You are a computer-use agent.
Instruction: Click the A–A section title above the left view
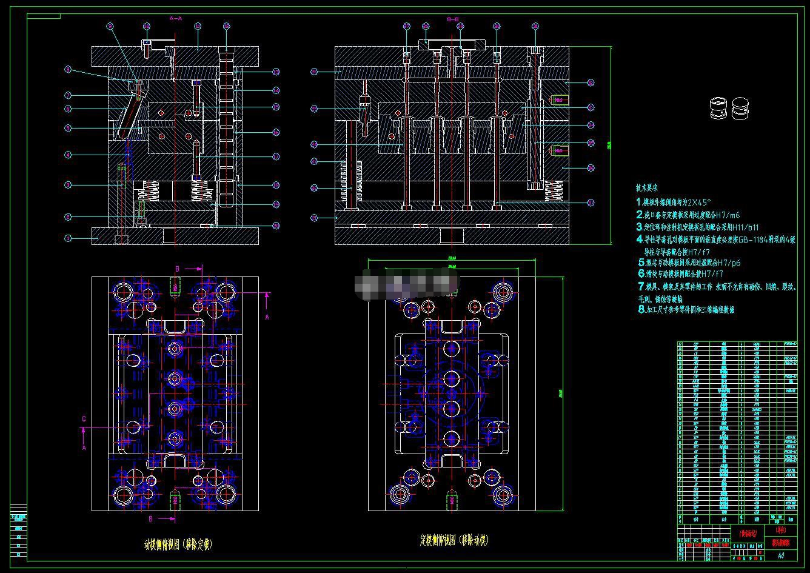[175, 18]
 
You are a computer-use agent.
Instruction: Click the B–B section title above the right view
[453, 19]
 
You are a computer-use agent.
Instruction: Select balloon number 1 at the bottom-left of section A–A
[69, 238]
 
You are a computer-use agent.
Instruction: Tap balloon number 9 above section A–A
[110, 26]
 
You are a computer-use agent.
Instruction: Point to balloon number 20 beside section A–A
[276, 226]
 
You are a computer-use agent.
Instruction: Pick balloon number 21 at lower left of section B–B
[314, 217]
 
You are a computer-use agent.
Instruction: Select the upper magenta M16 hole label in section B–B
[558, 99]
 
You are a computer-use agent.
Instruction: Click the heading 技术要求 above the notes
[648, 188]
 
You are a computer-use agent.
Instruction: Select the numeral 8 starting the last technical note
[641, 309]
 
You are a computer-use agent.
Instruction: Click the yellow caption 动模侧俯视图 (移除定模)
[178, 545]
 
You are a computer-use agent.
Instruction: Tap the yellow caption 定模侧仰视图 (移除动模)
[454, 539]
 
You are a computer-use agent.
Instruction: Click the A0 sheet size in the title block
[781, 555]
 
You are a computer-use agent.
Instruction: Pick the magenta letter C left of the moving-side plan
[84, 418]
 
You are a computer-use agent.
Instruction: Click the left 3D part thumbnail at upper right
[718, 109]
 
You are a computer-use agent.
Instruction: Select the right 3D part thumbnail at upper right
[740, 109]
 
